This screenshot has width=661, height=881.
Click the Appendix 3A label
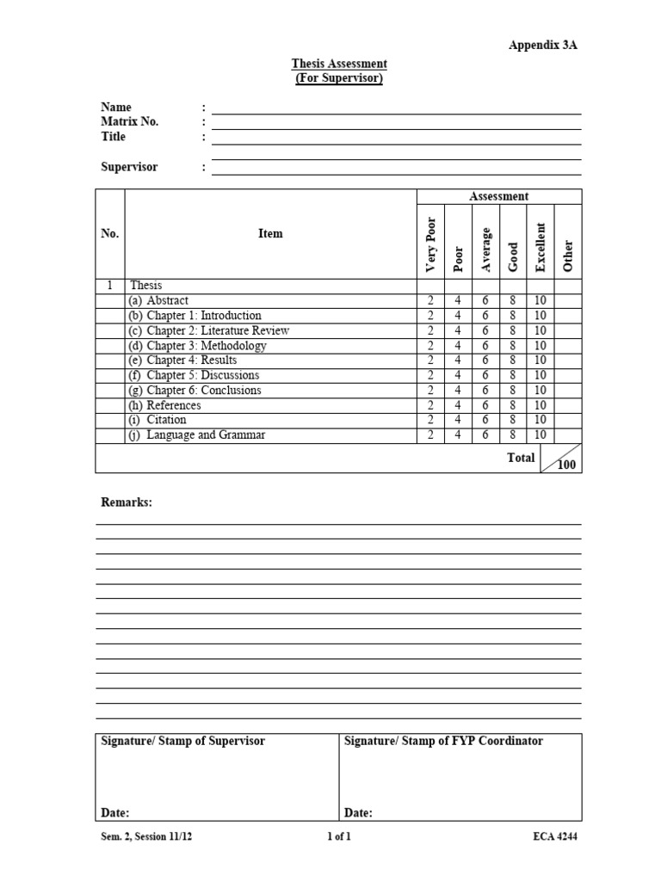point(542,46)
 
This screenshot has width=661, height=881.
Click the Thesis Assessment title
point(338,64)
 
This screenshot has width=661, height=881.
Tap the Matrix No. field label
point(130,121)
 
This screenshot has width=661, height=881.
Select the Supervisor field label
point(129,167)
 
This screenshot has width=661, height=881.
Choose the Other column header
point(567,256)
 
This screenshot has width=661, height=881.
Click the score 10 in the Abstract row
point(541,301)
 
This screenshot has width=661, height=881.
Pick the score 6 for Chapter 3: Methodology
point(485,346)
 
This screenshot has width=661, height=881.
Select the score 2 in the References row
point(430,405)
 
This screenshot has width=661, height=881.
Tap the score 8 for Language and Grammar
point(513,435)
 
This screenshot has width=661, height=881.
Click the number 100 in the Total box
point(566,465)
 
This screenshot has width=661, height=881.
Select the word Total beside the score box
point(521,458)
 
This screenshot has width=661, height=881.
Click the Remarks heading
point(127,502)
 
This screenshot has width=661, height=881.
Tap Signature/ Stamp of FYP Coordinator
point(443,741)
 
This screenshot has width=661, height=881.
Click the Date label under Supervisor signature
point(115,812)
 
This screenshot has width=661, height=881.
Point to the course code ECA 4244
point(555,836)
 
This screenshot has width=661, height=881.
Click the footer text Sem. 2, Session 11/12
point(147,836)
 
